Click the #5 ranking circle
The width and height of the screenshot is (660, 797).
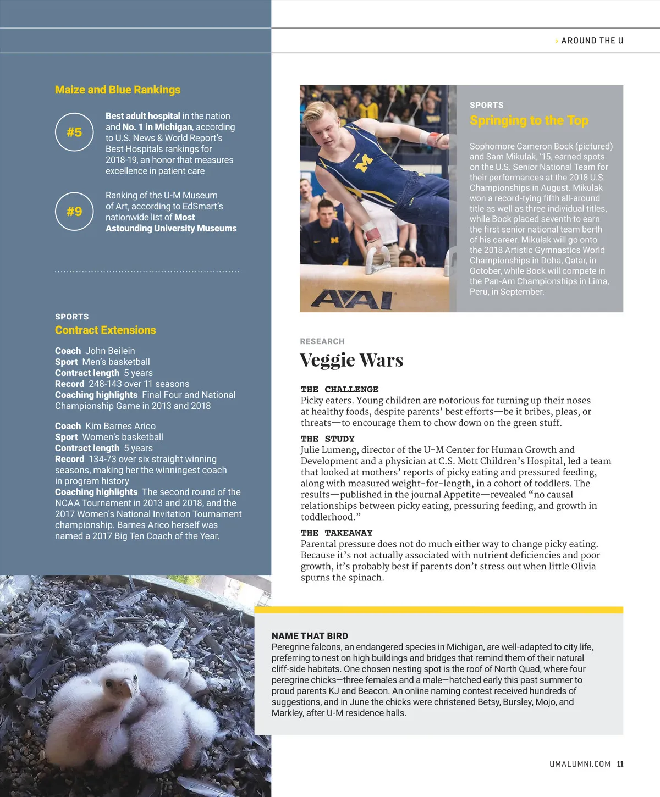(x=74, y=132)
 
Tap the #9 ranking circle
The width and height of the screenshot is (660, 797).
(x=74, y=212)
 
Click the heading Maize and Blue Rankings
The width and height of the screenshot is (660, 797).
(x=118, y=90)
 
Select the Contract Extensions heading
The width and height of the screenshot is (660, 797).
(x=106, y=330)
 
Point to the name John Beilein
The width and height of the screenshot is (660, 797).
(x=110, y=351)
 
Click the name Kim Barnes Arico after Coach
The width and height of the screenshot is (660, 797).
(x=120, y=426)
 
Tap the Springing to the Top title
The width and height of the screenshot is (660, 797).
(x=529, y=120)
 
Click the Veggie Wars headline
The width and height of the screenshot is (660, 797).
(x=351, y=360)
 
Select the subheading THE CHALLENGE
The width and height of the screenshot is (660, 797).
(x=339, y=389)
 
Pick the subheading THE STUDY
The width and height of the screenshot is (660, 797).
(x=327, y=439)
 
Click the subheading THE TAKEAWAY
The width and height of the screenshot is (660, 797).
(x=336, y=533)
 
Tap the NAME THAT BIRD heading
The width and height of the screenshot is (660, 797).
(x=310, y=635)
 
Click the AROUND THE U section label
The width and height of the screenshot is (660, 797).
(x=592, y=41)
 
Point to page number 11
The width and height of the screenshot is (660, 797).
(x=620, y=764)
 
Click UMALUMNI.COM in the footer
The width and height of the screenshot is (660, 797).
(x=580, y=764)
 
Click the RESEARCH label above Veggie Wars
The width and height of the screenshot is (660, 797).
(x=322, y=341)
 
